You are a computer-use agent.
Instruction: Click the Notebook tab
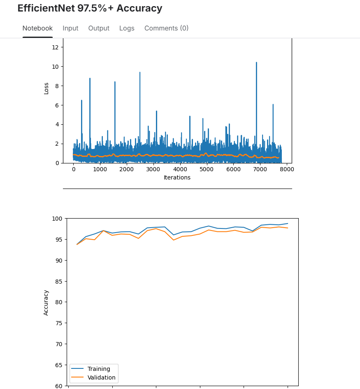[x=37, y=28]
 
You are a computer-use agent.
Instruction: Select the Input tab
[x=70, y=28]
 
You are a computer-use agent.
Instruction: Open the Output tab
[x=99, y=28]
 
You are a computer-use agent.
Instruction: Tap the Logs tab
[x=127, y=28]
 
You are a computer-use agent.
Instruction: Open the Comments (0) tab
[x=166, y=28]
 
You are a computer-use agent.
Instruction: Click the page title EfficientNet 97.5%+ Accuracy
[x=90, y=8]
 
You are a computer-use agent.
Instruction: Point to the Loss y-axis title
[x=46, y=88]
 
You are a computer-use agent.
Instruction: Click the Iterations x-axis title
[x=177, y=178]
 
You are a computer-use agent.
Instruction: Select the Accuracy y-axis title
[x=46, y=303]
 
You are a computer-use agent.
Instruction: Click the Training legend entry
[x=99, y=369]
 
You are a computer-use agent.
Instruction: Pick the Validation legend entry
[x=101, y=377]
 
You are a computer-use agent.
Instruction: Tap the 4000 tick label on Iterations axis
[x=180, y=169]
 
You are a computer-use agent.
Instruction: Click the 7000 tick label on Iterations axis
[x=260, y=169]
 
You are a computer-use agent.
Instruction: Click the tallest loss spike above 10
[x=256, y=63]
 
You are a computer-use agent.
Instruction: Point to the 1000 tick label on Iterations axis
[x=100, y=169]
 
